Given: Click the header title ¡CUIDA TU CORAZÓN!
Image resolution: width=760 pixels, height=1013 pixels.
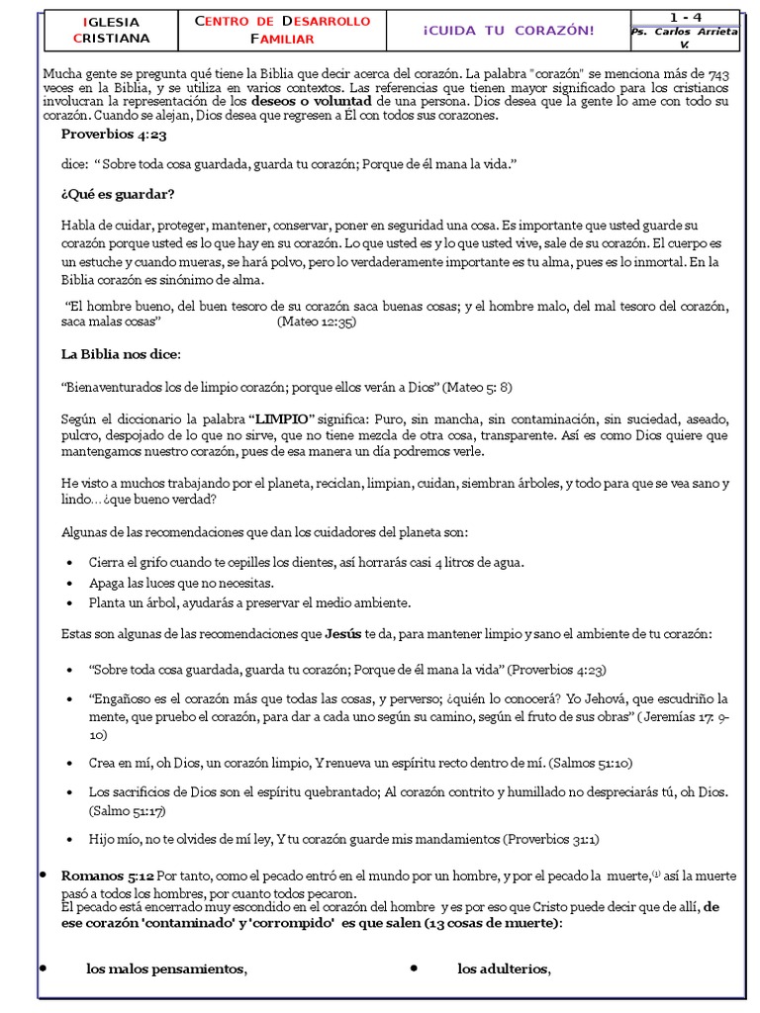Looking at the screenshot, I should [x=509, y=30].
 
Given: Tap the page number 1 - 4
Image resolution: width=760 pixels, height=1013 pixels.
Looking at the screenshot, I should [x=685, y=17].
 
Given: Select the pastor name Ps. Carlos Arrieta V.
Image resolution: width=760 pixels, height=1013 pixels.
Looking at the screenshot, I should [x=685, y=38].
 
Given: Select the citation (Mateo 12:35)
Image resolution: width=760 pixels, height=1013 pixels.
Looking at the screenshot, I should [x=317, y=322].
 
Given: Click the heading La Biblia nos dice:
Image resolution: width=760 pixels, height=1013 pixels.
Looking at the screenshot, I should [x=121, y=353].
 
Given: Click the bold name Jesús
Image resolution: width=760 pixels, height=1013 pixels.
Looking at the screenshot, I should [x=343, y=633].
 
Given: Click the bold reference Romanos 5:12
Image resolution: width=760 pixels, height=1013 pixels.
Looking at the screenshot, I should [x=107, y=875].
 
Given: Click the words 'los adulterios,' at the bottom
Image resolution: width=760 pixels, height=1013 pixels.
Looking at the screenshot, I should [x=504, y=968].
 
